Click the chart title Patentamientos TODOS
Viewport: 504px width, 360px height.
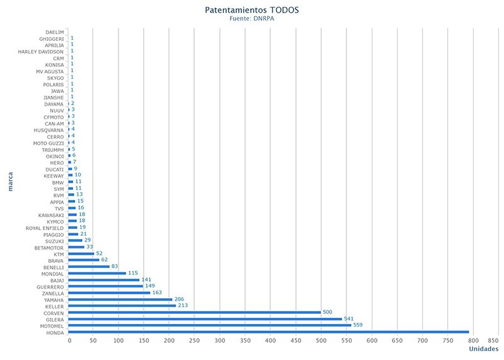pos(251,10)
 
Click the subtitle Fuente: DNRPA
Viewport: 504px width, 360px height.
pos(251,18)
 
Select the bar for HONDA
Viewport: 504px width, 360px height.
pos(268,332)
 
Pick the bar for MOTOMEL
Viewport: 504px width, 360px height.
pos(210,325)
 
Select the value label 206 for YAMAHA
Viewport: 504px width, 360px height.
pos(179,299)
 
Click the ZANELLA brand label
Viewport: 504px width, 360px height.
pos(50,293)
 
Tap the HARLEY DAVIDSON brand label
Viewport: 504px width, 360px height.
pos(40,51)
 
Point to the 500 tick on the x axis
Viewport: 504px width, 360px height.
pos(321,340)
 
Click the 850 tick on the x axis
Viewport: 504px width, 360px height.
pos(493,340)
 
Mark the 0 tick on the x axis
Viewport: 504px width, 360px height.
pos(69,340)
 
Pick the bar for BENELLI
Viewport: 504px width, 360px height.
pos(89,267)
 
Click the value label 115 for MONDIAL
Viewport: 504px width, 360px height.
pos(133,273)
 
